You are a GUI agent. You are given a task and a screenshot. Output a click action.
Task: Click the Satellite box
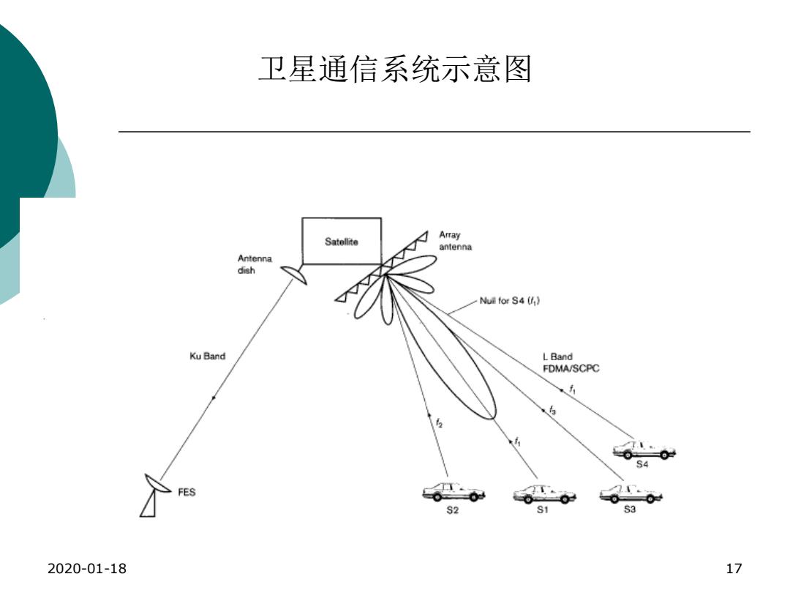click(341, 241)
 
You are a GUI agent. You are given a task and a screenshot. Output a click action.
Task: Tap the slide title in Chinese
click(395, 69)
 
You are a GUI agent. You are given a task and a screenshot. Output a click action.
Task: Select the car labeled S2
click(454, 492)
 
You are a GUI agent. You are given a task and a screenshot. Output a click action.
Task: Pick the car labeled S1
click(544, 493)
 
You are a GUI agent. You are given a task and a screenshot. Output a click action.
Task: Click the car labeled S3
click(631, 493)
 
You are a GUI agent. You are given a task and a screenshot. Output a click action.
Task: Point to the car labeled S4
click(644, 450)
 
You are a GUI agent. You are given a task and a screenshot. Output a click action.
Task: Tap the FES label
click(187, 492)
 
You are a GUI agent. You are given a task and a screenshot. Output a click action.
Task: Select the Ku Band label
click(207, 356)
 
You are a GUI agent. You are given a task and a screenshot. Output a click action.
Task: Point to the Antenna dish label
click(255, 264)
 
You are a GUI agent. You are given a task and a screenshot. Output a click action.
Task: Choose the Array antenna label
click(455, 241)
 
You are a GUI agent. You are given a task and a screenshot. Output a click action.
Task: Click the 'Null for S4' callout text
click(509, 301)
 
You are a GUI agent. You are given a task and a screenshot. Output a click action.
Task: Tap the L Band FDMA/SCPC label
click(571, 362)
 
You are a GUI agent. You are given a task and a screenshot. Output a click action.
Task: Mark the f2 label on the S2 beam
click(439, 422)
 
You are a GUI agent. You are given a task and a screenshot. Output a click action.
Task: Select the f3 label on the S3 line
click(553, 410)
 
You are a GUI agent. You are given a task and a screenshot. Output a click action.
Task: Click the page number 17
click(734, 568)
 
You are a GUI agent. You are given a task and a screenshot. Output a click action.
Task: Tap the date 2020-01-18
click(86, 568)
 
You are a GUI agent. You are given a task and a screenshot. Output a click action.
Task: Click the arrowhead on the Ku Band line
click(214, 398)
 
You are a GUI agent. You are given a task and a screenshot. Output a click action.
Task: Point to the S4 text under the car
click(642, 464)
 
